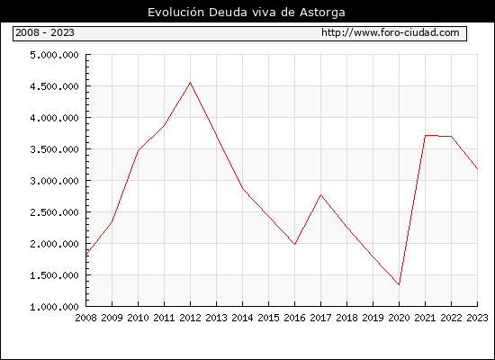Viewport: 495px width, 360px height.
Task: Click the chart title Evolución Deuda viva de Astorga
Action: [247, 13]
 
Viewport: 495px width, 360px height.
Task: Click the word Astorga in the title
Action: [322, 13]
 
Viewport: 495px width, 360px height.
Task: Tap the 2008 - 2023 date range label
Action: [45, 32]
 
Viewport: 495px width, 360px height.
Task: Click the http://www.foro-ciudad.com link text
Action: [391, 32]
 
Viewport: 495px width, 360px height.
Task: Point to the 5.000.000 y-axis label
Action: [54, 55]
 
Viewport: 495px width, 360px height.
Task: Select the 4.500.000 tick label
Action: [54, 86]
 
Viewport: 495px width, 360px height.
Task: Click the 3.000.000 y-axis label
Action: [54, 181]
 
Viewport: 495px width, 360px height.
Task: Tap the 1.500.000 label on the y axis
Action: [54, 275]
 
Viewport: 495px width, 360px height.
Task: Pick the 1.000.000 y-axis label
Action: [54, 307]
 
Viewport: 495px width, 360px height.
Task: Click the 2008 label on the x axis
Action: [85, 318]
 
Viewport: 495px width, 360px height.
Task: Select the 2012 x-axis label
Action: [190, 318]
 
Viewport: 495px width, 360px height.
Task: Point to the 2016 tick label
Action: [294, 318]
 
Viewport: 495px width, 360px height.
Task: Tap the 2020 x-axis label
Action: [399, 318]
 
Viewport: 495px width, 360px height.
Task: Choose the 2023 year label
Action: [477, 318]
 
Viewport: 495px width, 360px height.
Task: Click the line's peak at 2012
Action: [190, 83]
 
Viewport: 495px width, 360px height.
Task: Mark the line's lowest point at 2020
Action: [399, 284]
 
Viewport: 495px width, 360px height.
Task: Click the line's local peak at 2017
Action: [320, 194]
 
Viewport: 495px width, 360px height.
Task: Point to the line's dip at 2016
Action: [294, 244]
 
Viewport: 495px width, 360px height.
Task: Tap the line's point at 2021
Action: [425, 136]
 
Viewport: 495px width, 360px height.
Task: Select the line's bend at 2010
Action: [138, 150]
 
